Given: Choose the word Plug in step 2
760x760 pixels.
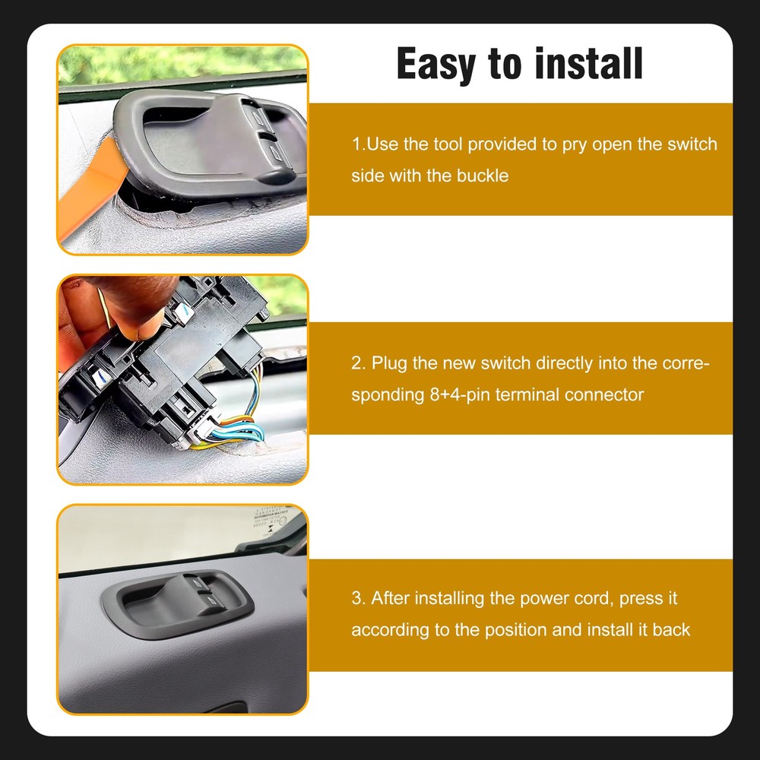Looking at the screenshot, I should [388, 363].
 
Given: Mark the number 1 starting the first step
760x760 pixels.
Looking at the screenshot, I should [356, 144].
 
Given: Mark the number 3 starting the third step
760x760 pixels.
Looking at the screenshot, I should [356, 598].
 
